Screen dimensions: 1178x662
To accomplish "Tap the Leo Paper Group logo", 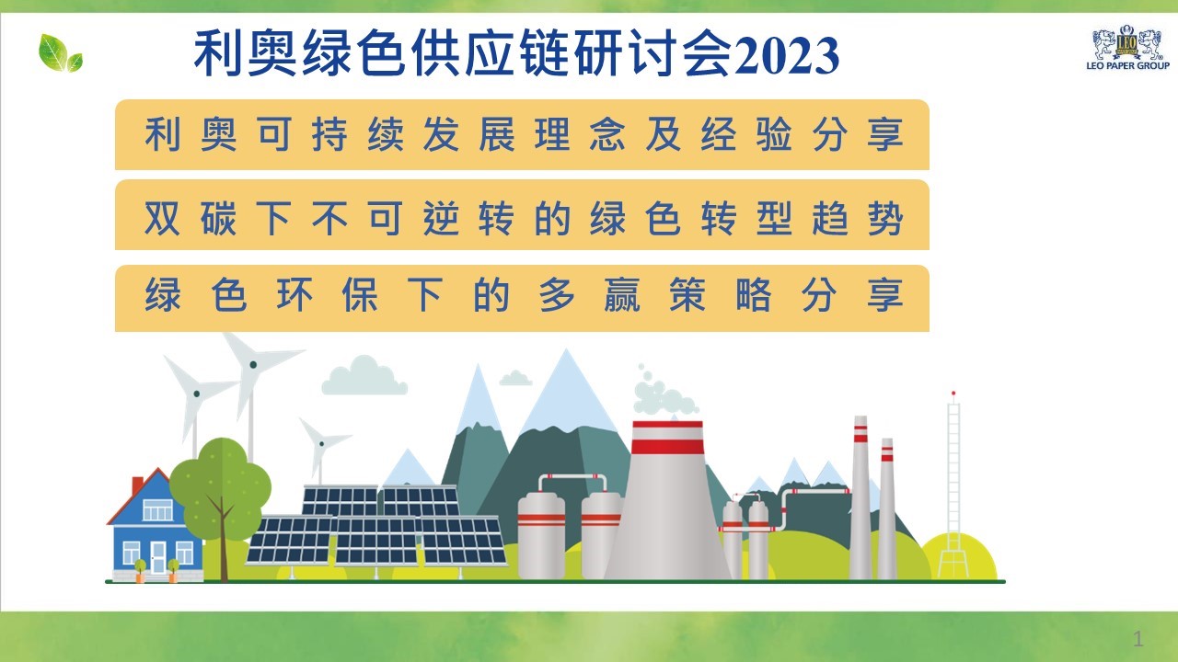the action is pos(1127,48).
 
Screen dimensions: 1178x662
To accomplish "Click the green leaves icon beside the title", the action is pos(61,53).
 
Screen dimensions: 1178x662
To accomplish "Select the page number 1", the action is pos(1138,639).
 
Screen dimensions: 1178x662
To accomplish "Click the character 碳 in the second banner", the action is pos(218,218).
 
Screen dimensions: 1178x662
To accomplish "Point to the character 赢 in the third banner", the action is pos(622,295).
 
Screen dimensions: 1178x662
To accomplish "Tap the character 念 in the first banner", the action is pos(607,134).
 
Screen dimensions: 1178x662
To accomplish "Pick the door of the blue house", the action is pos(157,557).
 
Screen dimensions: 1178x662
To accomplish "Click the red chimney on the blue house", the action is pos(137,485).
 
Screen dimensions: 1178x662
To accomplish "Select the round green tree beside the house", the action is pos(220,488).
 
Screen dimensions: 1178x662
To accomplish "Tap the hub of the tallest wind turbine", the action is pos(253,365).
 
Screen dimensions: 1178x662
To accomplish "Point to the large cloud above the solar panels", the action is pos(364,376).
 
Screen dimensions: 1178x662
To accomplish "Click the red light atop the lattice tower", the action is pos(953,393).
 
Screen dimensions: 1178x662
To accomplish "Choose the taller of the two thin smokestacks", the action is pos(860,497).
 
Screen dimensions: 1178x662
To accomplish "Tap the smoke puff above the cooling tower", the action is pos(664,394).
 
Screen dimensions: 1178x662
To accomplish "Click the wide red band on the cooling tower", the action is pos(667,447).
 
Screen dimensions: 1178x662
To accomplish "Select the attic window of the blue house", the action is pos(157,509).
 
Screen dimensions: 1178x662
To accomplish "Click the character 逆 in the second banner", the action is pos(441,218).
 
